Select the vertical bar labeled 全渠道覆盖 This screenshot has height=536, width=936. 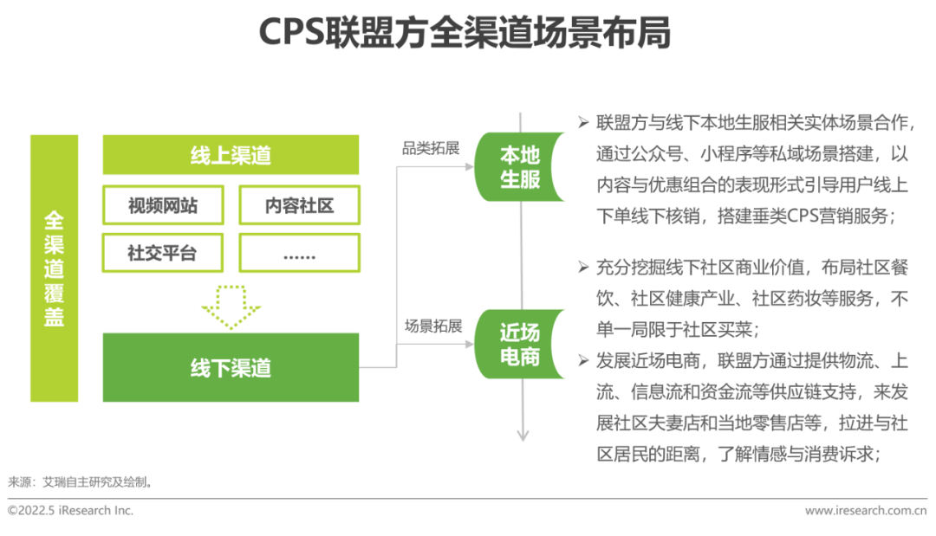[x=55, y=268]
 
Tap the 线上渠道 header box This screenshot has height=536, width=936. [x=231, y=155]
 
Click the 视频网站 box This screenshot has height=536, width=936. [x=163, y=205]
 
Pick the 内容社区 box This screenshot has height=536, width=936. [x=299, y=205]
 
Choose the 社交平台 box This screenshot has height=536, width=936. [x=163, y=253]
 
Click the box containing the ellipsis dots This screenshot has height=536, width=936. [x=299, y=253]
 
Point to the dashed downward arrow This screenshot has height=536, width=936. [x=231, y=306]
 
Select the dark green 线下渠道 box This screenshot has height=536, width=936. [x=231, y=367]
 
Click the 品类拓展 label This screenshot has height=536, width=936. [x=430, y=148]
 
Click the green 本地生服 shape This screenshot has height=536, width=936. [x=518, y=167]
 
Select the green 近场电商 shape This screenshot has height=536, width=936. [x=518, y=344]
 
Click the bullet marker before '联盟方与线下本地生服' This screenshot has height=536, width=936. [x=583, y=120]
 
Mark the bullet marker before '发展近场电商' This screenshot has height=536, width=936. [x=583, y=359]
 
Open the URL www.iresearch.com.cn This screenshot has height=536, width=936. [x=858, y=510]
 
